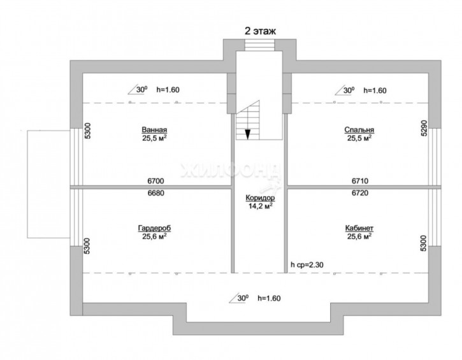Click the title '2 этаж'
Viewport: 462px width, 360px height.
(260, 31)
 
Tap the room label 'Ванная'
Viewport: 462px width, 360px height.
(154, 129)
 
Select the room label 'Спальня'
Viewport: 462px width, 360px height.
(359, 129)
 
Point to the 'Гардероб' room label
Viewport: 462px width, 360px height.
(154, 228)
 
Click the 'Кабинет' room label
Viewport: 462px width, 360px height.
(359, 228)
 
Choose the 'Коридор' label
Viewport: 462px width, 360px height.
(260, 198)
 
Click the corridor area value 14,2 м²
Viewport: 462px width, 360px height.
(260, 206)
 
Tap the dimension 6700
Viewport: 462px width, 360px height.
(155, 181)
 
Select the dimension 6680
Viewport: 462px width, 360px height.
(155, 193)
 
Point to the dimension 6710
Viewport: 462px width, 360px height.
(360, 181)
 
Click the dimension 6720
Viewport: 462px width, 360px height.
(360, 193)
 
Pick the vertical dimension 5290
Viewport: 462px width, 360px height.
(423, 128)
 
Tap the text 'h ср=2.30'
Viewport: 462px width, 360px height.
(307, 265)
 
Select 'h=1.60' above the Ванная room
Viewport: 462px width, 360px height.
(168, 90)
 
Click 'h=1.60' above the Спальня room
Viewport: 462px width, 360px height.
(375, 90)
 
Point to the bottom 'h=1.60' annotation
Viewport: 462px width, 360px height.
(269, 298)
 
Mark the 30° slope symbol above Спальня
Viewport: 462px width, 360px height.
(345, 90)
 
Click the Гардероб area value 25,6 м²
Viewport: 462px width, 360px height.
(154, 236)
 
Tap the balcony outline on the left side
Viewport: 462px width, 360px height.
(48, 184)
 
